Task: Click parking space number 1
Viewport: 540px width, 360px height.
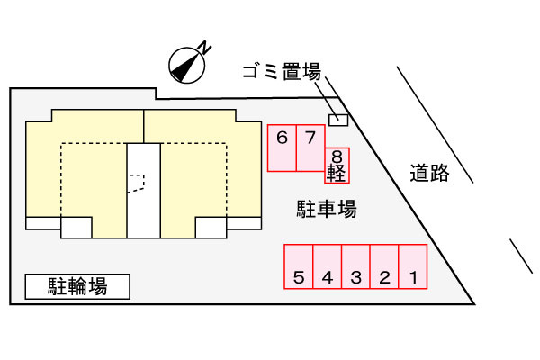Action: pos(413,266)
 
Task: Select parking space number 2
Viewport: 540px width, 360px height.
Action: pos(384,266)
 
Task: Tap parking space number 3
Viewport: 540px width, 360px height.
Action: pos(355,266)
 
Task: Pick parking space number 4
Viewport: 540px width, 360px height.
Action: pos(328,266)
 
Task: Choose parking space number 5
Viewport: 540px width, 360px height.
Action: pos(299,266)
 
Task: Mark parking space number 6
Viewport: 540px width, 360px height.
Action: pos(282,148)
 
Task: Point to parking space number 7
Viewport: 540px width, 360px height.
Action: pos(310,148)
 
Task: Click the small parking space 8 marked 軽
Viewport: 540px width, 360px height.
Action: pos(337,166)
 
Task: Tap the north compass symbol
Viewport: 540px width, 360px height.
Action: pos(187,66)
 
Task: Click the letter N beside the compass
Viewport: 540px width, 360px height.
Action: pos(205,48)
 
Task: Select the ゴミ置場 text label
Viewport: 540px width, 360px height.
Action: pos(282,71)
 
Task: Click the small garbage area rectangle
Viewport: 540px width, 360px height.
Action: pos(338,120)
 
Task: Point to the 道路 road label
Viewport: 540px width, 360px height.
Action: pos(430,173)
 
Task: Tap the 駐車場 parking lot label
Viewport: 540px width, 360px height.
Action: pos(327,209)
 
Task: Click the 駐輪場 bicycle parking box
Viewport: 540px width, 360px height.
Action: pos(77,286)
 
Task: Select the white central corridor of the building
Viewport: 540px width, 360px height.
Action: pos(144,191)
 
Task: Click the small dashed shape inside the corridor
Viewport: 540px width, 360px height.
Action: pos(137,184)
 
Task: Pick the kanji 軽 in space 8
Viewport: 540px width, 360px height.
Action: pos(337,173)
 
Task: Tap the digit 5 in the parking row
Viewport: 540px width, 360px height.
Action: pos(299,277)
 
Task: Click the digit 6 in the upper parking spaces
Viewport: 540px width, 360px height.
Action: pos(282,138)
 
